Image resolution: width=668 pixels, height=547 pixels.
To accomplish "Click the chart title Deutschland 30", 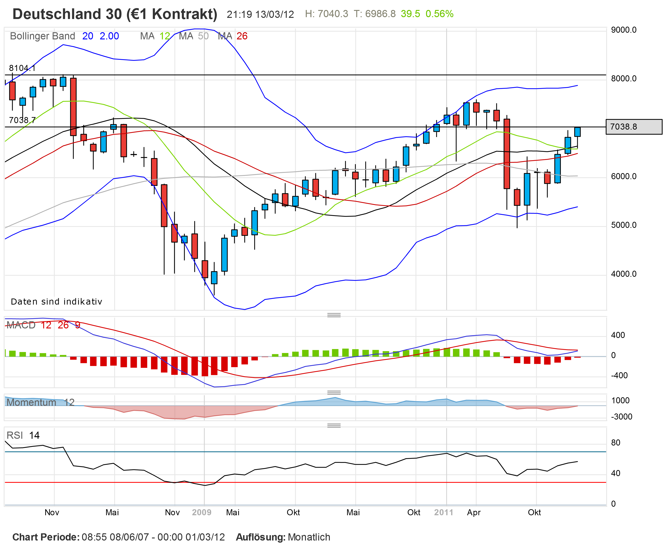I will pos(114,14).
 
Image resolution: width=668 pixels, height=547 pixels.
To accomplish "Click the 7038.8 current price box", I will pos(634,127).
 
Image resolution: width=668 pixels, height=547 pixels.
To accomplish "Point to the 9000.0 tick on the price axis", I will pos(623,30).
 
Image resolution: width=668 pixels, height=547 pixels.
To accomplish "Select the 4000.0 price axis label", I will pos(623,274).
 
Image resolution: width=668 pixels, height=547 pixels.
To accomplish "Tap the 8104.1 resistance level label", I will pos(22,68).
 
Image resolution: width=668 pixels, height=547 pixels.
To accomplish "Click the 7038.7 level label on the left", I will pos(22,120).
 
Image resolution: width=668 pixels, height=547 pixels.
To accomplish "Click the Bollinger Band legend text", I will pos(42,36).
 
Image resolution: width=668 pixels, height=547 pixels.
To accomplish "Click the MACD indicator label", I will pos(21,325).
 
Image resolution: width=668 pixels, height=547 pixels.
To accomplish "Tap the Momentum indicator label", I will pos(31,402).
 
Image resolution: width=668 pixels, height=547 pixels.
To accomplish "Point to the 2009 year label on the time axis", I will pos(201,512).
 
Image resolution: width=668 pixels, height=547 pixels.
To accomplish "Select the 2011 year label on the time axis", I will pos(443,512).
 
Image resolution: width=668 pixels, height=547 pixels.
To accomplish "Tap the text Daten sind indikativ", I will pos(56,302).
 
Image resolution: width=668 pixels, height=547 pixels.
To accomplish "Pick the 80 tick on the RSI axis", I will pos(615,443).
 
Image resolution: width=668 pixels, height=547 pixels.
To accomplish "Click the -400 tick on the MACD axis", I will pos(619,375).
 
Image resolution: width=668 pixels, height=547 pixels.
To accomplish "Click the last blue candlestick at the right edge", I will pos(577,132).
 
